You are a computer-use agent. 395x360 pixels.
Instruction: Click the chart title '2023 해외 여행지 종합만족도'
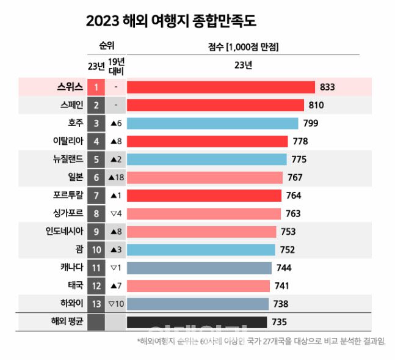click(171, 21)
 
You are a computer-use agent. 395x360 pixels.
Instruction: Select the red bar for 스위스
click(220, 87)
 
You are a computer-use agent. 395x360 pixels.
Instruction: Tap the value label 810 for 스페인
click(316, 106)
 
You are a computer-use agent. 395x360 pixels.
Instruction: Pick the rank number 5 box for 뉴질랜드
click(96, 160)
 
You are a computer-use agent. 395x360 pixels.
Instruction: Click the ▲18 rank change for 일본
click(116, 178)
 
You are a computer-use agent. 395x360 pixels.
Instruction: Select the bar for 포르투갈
click(204, 196)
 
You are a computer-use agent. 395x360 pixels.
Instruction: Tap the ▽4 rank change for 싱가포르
click(116, 213)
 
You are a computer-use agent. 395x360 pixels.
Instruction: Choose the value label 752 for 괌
click(288, 249)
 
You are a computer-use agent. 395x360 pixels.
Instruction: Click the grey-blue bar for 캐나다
click(199, 268)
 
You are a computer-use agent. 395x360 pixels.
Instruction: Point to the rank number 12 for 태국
click(96, 285)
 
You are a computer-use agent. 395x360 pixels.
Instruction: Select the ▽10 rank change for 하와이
click(116, 304)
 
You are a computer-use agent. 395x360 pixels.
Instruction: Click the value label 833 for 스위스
click(327, 87)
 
